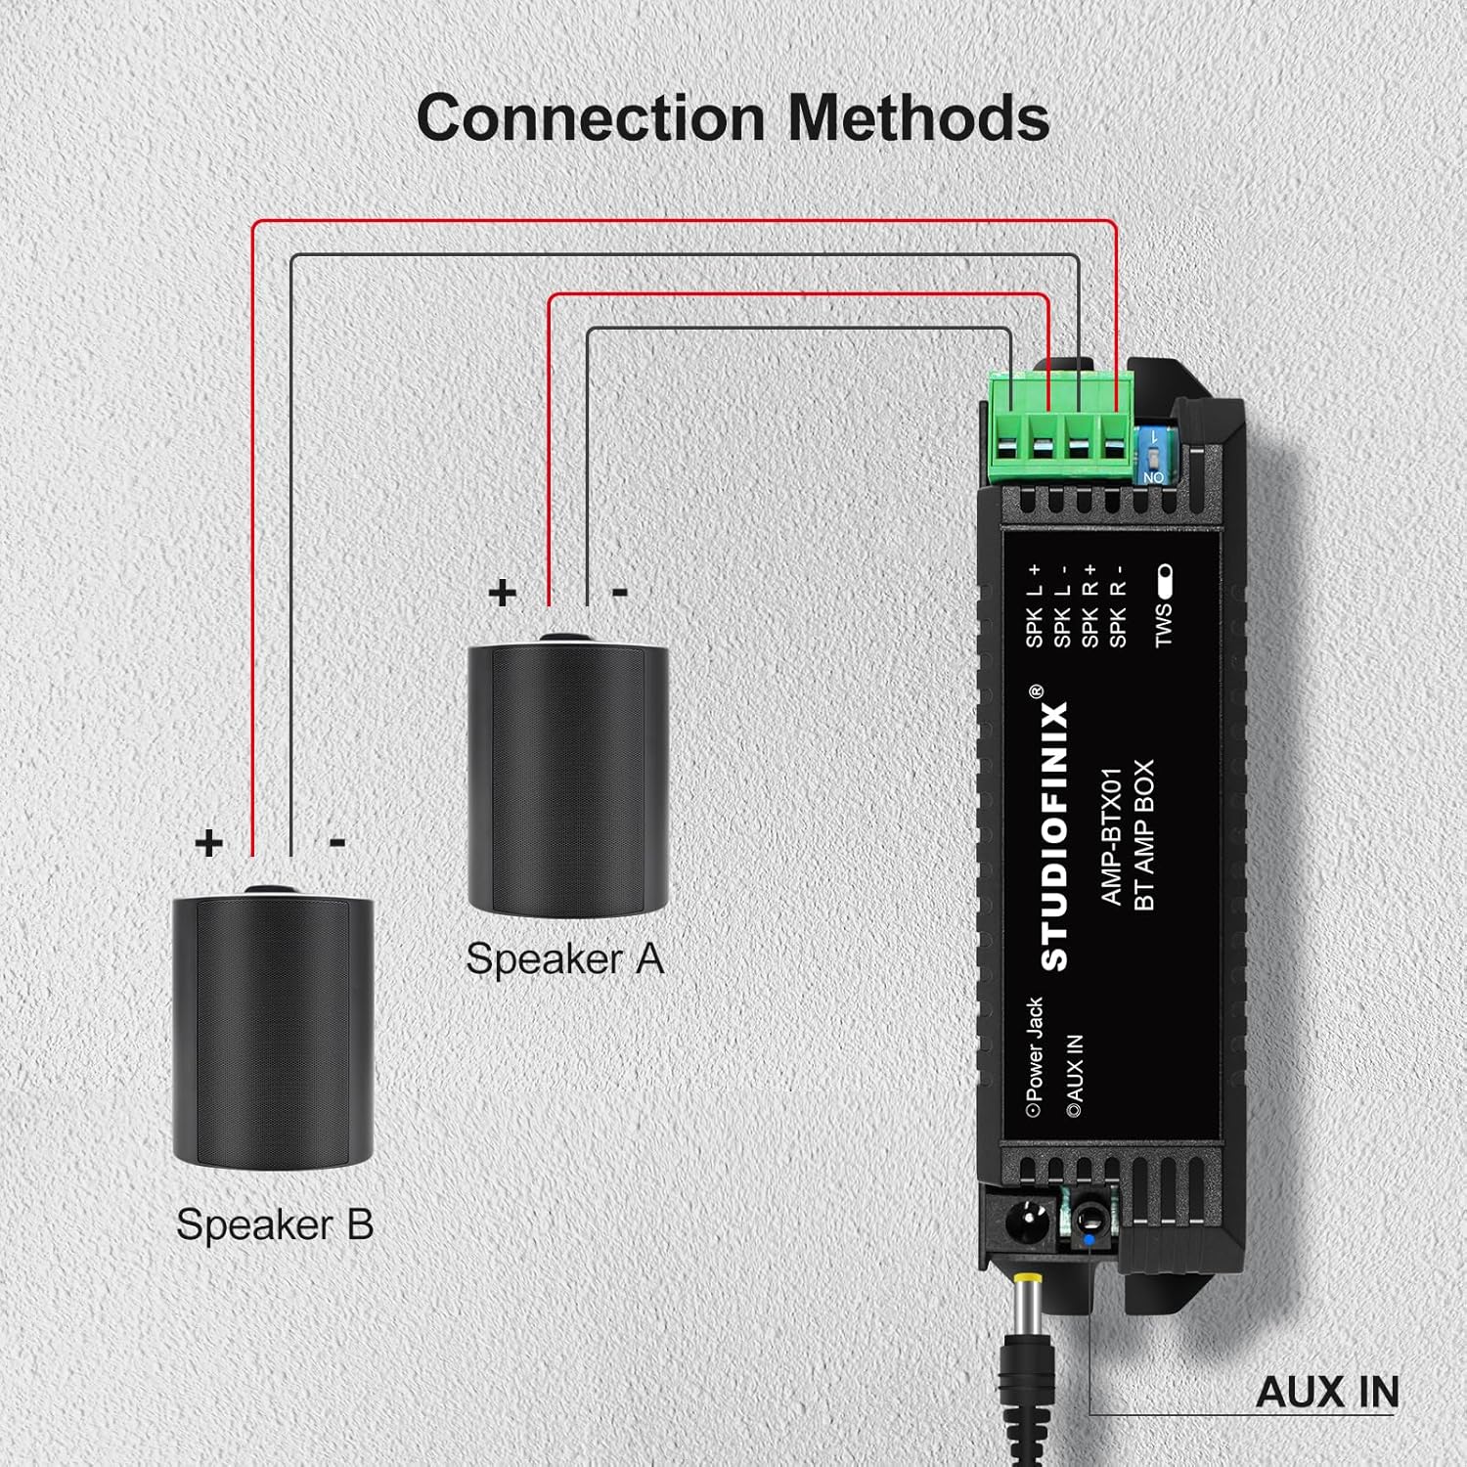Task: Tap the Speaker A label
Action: tap(564, 958)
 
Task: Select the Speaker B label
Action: tap(275, 1224)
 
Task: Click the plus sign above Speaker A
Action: tap(502, 593)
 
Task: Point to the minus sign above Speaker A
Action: tap(619, 593)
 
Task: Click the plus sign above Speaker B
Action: tap(208, 842)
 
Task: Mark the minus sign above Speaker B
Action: tap(337, 842)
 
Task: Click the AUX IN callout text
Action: tap(1326, 1392)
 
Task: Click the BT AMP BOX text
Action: tap(1143, 836)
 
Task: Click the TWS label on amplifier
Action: tap(1163, 625)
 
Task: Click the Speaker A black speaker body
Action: tap(567, 778)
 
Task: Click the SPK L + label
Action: tap(1035, 606)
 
